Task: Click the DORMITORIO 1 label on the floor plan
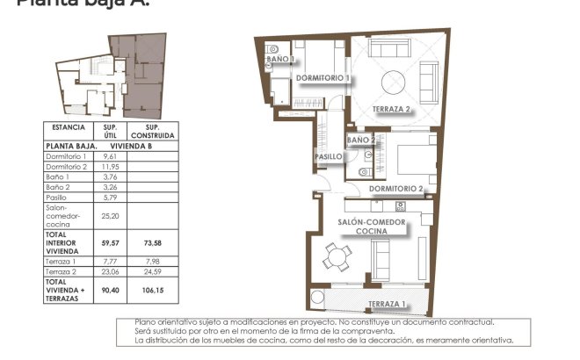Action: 323,78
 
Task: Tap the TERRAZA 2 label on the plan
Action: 392,109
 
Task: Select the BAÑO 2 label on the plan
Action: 360,140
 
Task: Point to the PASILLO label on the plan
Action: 328,156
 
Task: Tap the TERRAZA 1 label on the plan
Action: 388,304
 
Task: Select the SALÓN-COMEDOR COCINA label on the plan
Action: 373,227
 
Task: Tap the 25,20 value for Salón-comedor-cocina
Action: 110,215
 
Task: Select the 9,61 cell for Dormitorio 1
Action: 110,156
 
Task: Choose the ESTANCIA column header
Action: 69,127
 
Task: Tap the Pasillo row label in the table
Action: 58,198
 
